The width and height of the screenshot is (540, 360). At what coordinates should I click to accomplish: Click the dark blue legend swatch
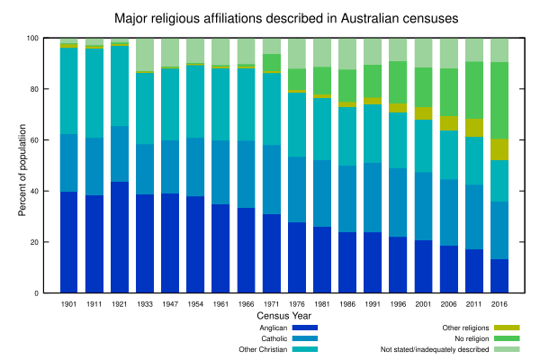pos(304,328)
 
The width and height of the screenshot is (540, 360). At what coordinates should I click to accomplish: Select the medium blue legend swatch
pos(304,338)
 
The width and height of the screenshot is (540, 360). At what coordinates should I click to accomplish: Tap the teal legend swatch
pos(304,349)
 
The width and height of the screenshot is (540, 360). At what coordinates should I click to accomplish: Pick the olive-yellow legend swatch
pos(507,328)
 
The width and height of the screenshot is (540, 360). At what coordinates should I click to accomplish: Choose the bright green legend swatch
pos(507,338)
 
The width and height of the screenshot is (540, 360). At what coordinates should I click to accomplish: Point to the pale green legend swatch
pos(507,349)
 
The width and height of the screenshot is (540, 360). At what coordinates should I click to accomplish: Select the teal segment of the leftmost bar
pos(68,91)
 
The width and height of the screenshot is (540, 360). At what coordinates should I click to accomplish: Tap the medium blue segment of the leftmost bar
pos(68,163)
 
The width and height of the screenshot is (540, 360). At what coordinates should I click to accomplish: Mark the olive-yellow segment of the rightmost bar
pos(499,149)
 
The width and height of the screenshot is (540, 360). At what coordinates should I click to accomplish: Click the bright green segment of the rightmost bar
pos(499,100)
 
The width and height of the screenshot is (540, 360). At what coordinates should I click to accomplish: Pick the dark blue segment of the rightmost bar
pos(499,275)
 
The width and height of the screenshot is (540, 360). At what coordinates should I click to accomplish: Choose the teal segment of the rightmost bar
pos(499,181)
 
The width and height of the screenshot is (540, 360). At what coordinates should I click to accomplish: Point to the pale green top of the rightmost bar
pos(499,50)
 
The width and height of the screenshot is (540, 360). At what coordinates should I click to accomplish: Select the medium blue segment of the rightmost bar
pos(499,230)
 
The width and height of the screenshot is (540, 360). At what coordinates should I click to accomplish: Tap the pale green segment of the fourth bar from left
pos(145,54)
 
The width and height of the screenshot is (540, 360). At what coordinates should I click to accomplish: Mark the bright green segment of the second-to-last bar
pos(474,90)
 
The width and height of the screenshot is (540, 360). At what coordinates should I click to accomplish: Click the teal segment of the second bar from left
pos(94,93)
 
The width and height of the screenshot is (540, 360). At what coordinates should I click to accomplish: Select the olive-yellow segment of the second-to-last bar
pos(474,128)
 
